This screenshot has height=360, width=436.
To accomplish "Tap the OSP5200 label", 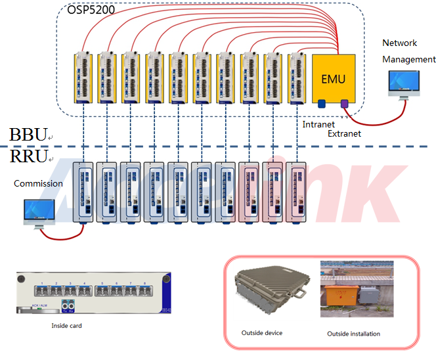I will click(91, 11).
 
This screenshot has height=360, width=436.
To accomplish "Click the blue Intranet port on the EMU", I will click(322, 103).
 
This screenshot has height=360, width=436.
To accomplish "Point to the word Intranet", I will click(318, 124).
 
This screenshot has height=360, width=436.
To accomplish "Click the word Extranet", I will click(344, 133).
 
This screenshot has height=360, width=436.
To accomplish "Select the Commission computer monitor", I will click(38, 210).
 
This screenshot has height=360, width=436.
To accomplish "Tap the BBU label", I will click(28, 135).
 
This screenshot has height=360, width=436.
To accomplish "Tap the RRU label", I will click(28, 156).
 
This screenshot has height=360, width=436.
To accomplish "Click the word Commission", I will click(38, 183).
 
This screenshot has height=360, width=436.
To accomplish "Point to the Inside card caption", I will click(66, 325).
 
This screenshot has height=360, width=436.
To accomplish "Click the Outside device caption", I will click(261, 333).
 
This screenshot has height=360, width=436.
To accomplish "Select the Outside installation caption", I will click(353, 334).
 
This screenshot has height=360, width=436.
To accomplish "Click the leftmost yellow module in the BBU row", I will click(83, 78).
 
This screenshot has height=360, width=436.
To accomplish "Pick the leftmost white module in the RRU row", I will click(83, 190).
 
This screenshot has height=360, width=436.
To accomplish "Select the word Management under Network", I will click(409, 59).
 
